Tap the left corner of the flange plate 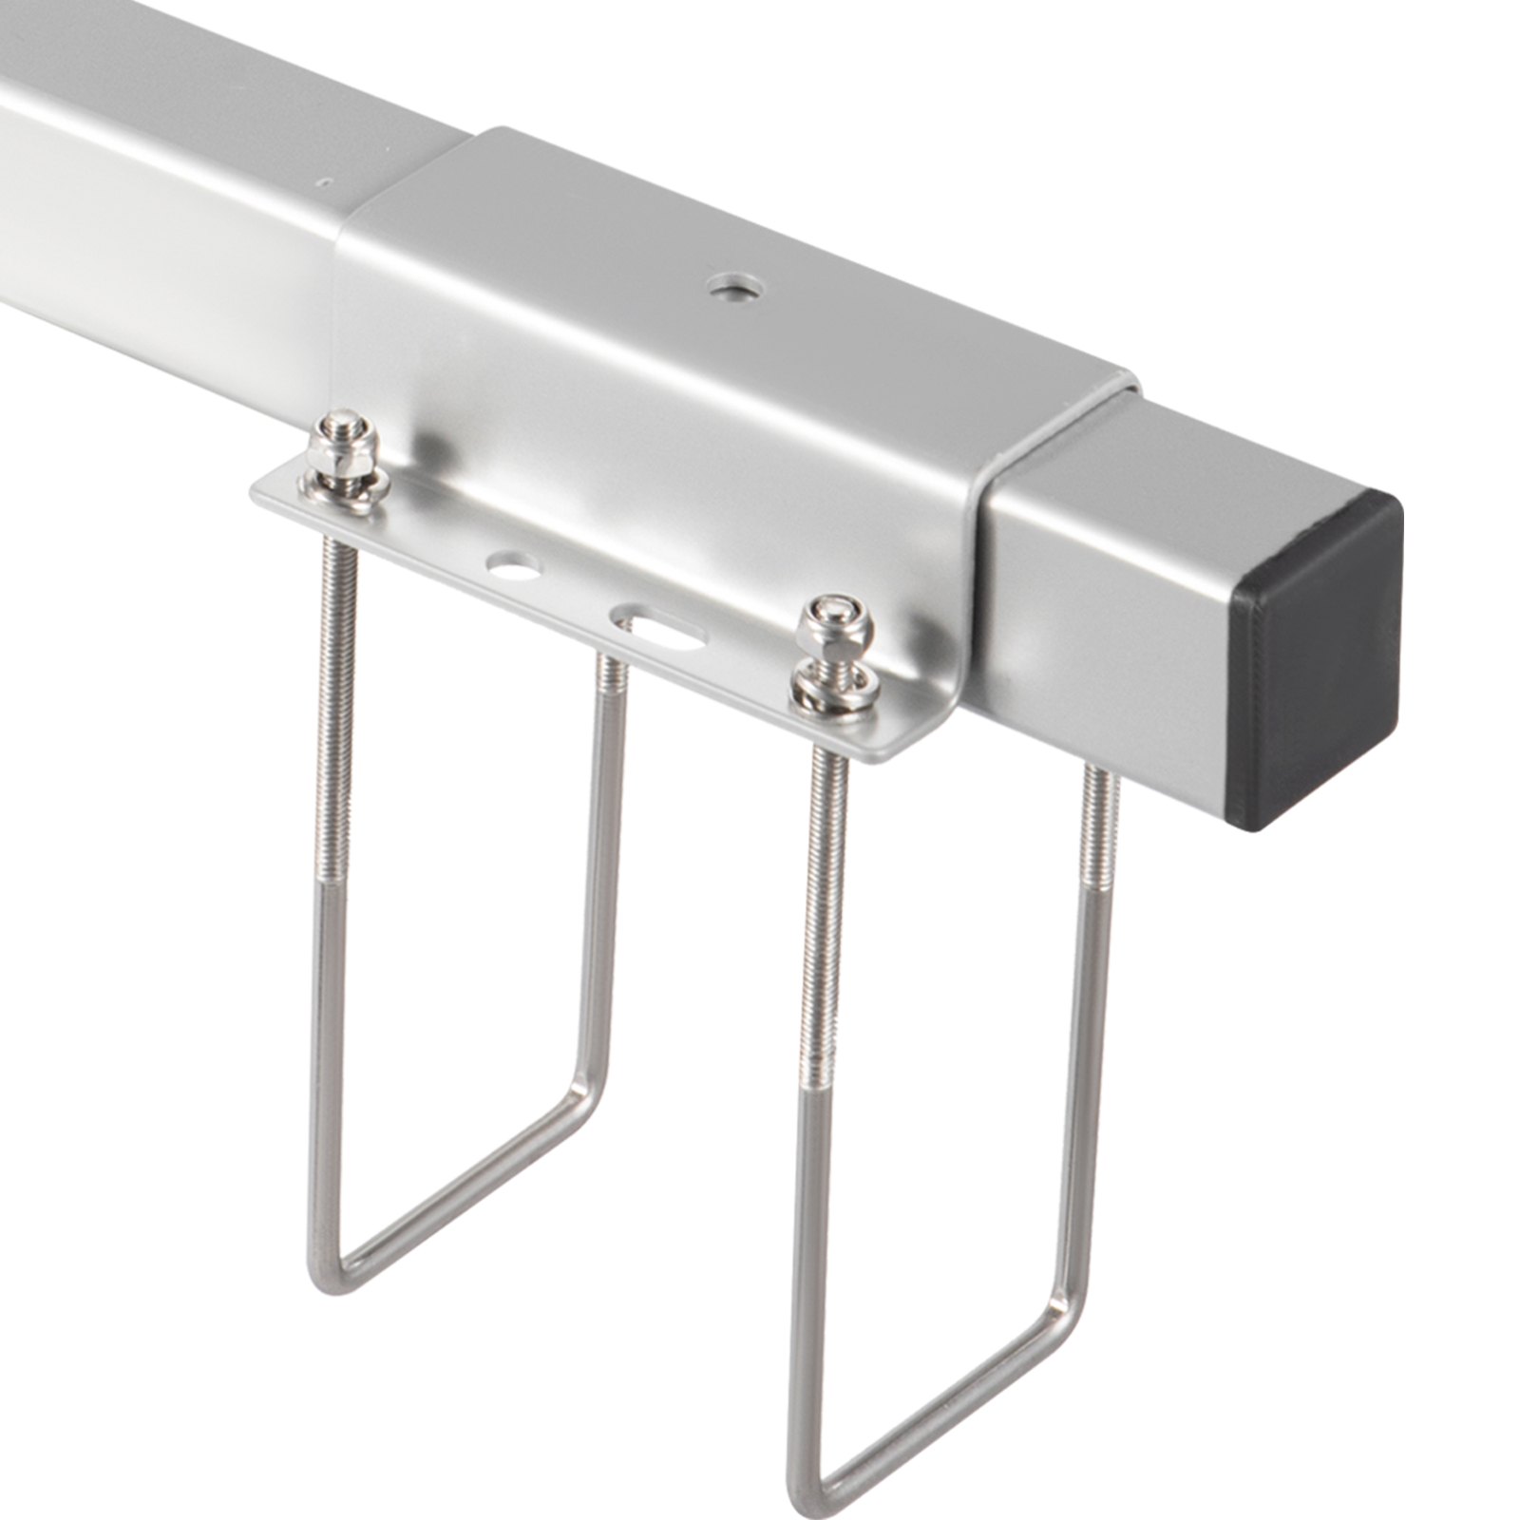point(256,492)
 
